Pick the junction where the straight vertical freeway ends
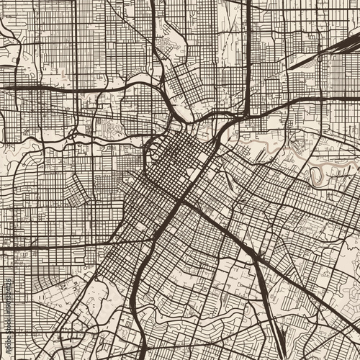[x=247, y=115]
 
